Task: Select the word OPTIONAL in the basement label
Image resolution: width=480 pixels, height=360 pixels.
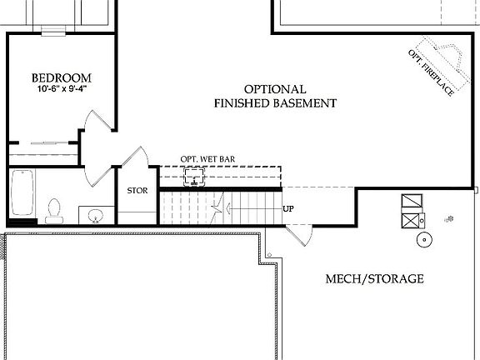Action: tap(275, 89)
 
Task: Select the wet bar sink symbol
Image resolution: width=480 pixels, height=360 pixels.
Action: tap(197, 176)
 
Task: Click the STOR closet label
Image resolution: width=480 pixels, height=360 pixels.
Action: tap(137, 191)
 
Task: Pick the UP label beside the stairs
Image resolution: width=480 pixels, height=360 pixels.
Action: tap(288, 209)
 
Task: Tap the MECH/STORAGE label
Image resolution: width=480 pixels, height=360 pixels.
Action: tap(373, 278)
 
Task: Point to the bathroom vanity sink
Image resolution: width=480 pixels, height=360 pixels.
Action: tap(97, 217)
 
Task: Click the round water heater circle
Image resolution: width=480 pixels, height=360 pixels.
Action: tap(424, 241)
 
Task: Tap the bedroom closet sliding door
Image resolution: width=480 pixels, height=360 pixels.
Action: tap(47, 144)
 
